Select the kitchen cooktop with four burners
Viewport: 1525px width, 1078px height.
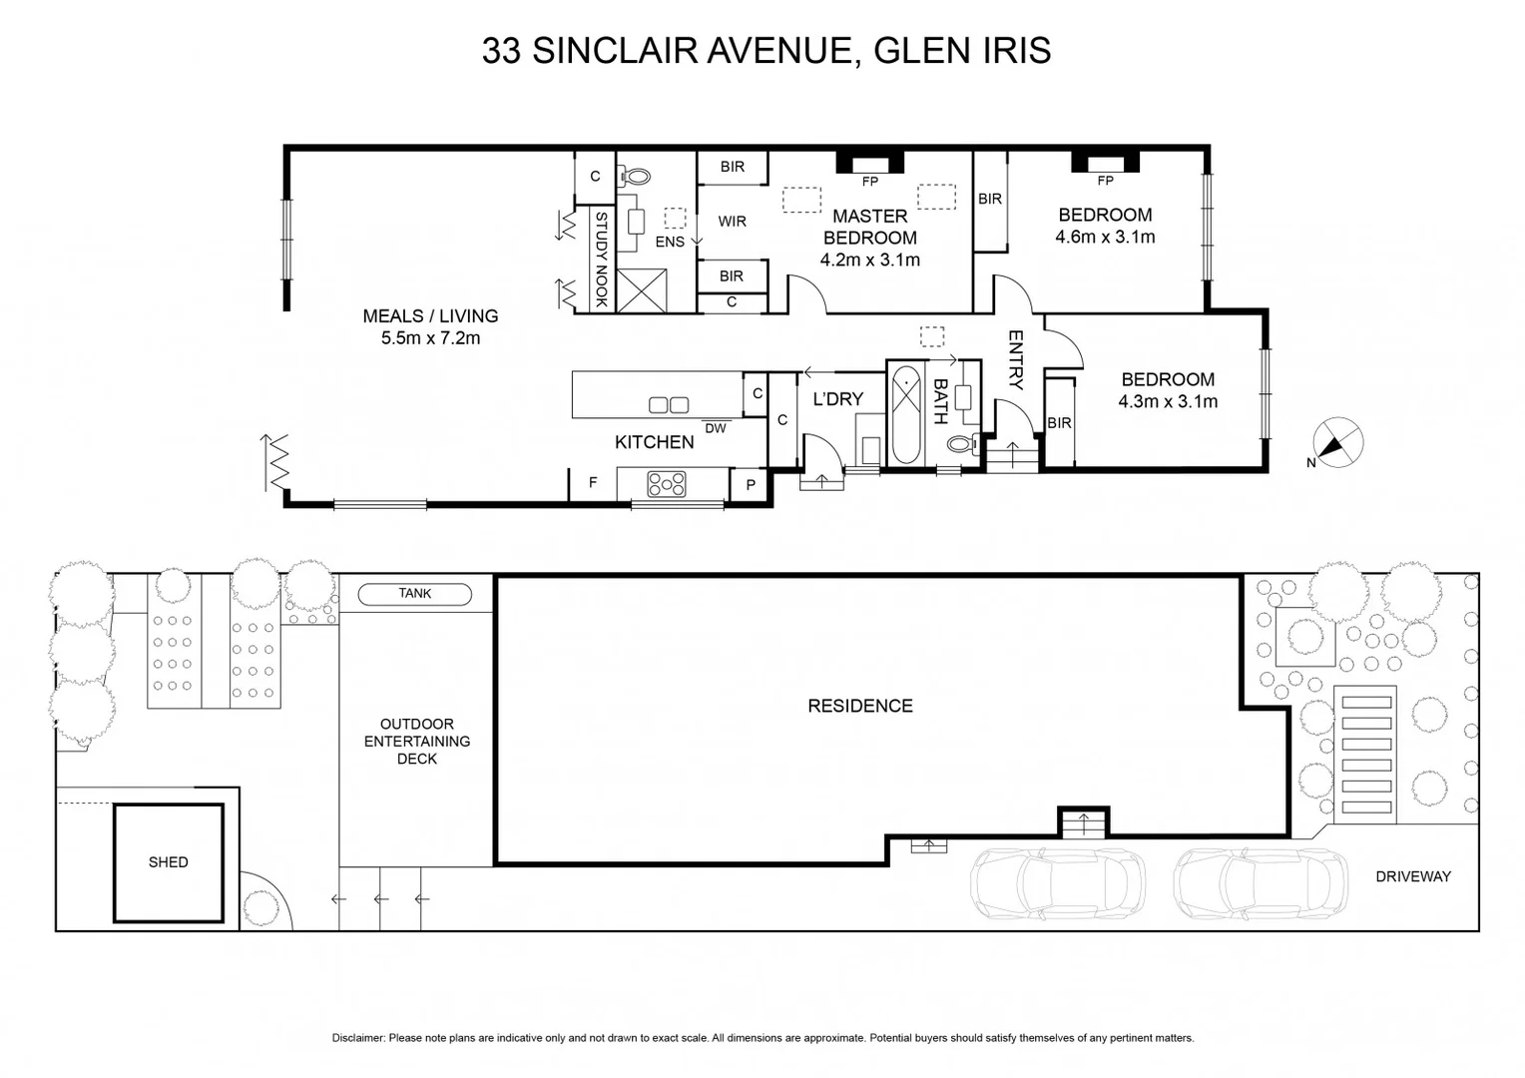[667, 485]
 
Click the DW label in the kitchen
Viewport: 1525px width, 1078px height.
[716, 428]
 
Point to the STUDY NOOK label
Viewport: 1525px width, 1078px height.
[601, 260]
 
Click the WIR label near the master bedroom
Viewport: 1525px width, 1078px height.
[732, 222]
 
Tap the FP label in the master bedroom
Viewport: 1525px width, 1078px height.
[870, 182]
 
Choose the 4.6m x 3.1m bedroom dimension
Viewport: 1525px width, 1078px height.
[1105, 238]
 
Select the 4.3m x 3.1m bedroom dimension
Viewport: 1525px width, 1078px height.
[1168, 402]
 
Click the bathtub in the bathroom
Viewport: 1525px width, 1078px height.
[905, 415]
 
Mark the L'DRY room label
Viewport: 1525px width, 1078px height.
[837, 399]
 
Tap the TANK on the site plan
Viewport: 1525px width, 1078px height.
[414, 594]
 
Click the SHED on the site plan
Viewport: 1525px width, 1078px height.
[168, 862]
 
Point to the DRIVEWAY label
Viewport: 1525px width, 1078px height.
[1412, 877]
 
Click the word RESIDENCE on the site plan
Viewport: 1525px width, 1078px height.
[859, 706]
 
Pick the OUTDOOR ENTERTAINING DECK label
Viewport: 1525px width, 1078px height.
[416, 742]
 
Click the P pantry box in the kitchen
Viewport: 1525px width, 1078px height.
[751, 485]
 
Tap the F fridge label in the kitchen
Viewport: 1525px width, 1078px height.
[593, 483]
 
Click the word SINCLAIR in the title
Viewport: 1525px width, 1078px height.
[615, 51]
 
